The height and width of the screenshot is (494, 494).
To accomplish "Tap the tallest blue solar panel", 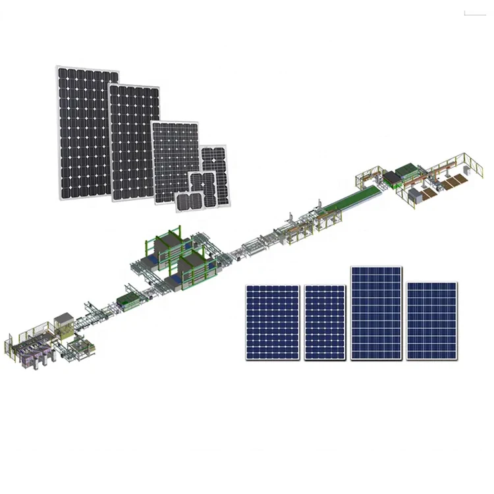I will point(376,313).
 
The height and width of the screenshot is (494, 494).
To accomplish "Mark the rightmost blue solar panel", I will point(431,320).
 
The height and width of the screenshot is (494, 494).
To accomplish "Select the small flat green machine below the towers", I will point(130,302).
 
